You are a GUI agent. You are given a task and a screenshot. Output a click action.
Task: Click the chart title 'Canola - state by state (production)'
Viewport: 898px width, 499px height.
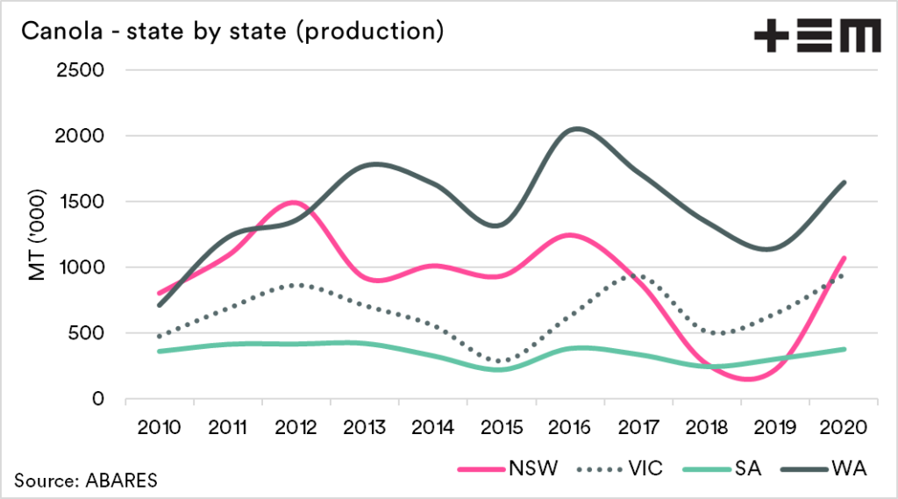(230, 33)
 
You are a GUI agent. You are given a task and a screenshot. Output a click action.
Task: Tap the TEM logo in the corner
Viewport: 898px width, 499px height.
(817, 37)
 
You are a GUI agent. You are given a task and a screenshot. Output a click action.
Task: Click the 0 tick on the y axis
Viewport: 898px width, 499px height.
(98, 399)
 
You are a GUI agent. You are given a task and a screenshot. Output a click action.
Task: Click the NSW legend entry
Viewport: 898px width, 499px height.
(507, 468)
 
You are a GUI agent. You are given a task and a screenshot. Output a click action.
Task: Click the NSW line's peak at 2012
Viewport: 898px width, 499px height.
(293, 203)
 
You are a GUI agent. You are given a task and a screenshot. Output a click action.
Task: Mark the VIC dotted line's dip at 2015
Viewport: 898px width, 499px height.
(502, 361)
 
